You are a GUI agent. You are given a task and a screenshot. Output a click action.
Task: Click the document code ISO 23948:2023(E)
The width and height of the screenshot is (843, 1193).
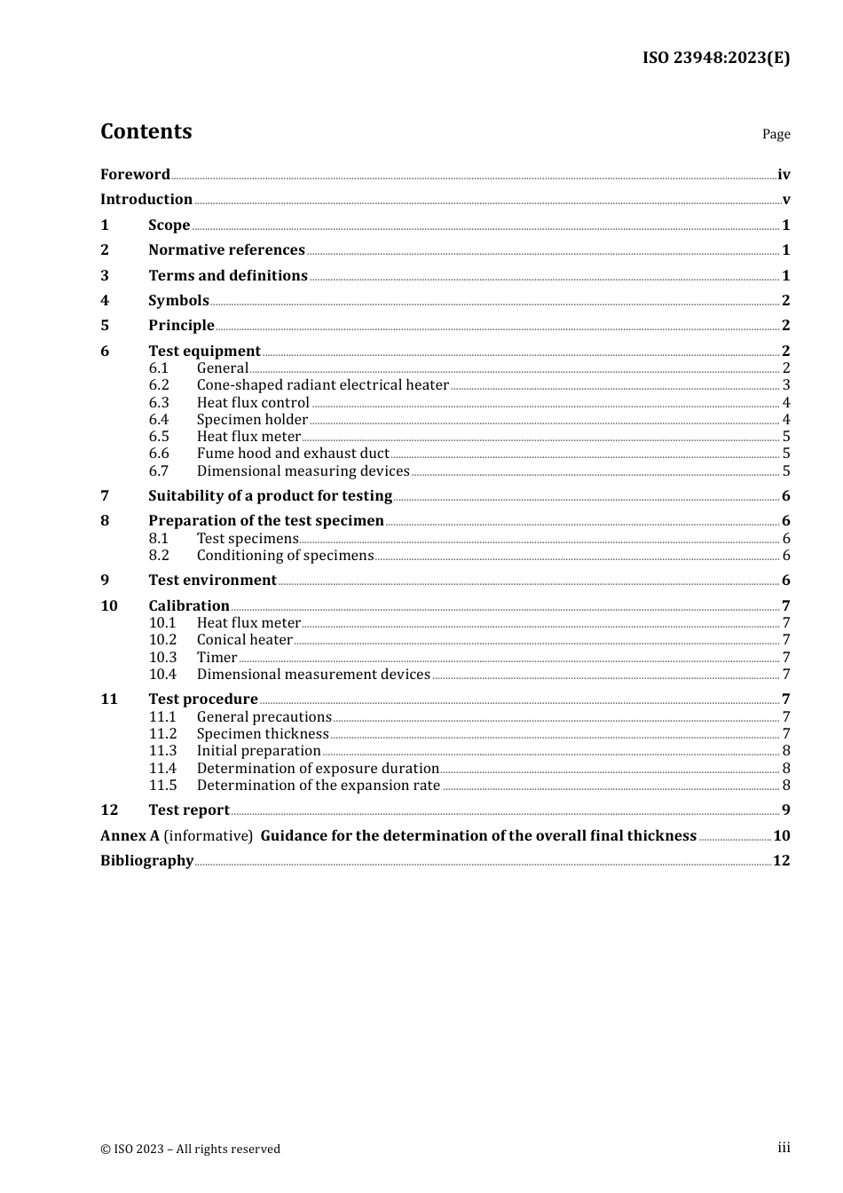tap(715, 58)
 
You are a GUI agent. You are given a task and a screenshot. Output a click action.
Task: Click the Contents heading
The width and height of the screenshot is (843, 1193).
tap(146, 131)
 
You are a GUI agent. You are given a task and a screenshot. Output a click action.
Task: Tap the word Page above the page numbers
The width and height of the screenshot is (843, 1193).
tap(776, 134)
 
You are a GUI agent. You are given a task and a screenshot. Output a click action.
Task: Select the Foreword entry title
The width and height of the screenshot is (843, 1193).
tap(135, 174)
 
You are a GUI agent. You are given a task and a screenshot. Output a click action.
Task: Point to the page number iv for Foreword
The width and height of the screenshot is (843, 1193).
tap(784, 175)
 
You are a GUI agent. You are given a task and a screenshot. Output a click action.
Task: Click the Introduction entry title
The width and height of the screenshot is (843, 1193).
tap(146, 199)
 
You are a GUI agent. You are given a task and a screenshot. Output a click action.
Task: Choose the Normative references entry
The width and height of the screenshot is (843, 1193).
tap(226, 249)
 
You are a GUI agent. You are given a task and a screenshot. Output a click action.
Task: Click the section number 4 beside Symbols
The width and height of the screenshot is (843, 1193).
tap(105, 300)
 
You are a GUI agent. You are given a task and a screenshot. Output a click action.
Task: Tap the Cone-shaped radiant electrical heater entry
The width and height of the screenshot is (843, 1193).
tap(322, 384)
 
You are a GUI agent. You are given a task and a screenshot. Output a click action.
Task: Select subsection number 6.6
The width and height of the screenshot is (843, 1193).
tap(159, 453)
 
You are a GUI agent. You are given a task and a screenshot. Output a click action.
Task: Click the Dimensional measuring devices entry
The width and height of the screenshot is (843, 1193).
tap(303, 470)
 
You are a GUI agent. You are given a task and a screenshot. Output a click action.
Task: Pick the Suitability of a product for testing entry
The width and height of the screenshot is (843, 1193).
tap(270, 495)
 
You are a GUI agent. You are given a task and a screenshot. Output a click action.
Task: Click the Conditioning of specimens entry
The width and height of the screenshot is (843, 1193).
tap(285, 555)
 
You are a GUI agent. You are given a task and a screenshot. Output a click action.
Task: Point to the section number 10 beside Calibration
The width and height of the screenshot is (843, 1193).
tap(109, 605)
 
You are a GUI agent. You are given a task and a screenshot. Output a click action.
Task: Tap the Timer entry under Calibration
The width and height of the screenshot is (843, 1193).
tap(217, 657)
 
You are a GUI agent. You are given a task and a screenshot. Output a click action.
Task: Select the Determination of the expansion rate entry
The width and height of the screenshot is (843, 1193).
tap(318, 785)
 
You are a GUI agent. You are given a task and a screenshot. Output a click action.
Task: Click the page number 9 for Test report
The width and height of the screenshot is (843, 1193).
tap(786, 810)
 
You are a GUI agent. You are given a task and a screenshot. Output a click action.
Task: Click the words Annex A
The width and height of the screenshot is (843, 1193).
tap(130, 835)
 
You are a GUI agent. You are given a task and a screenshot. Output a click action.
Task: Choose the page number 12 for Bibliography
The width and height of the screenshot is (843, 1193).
tap(781, 860)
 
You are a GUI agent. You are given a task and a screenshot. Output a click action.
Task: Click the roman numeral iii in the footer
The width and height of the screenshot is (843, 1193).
tap(784, 1148)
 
